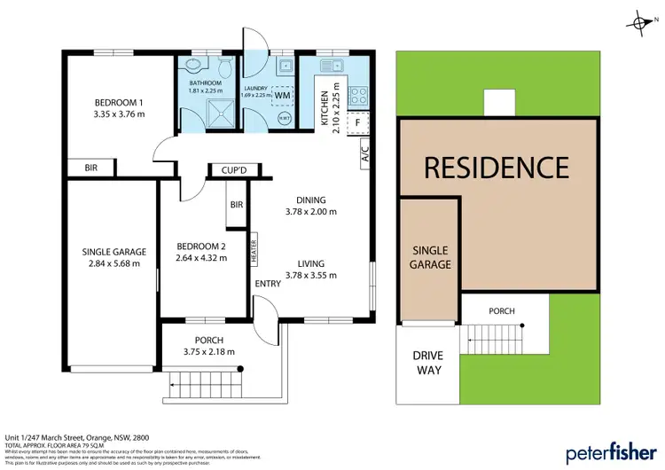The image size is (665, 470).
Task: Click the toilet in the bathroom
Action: point(225,67)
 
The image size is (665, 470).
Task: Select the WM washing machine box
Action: point(283,94)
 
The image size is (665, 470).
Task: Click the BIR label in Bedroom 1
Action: point(91,167)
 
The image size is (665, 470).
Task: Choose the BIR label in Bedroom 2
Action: point(237,205)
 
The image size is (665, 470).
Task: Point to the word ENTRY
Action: point(267,283)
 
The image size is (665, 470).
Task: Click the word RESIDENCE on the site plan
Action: point(495,167)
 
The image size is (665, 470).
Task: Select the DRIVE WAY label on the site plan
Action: point(427,362)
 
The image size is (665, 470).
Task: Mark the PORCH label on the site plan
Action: point(501,311)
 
